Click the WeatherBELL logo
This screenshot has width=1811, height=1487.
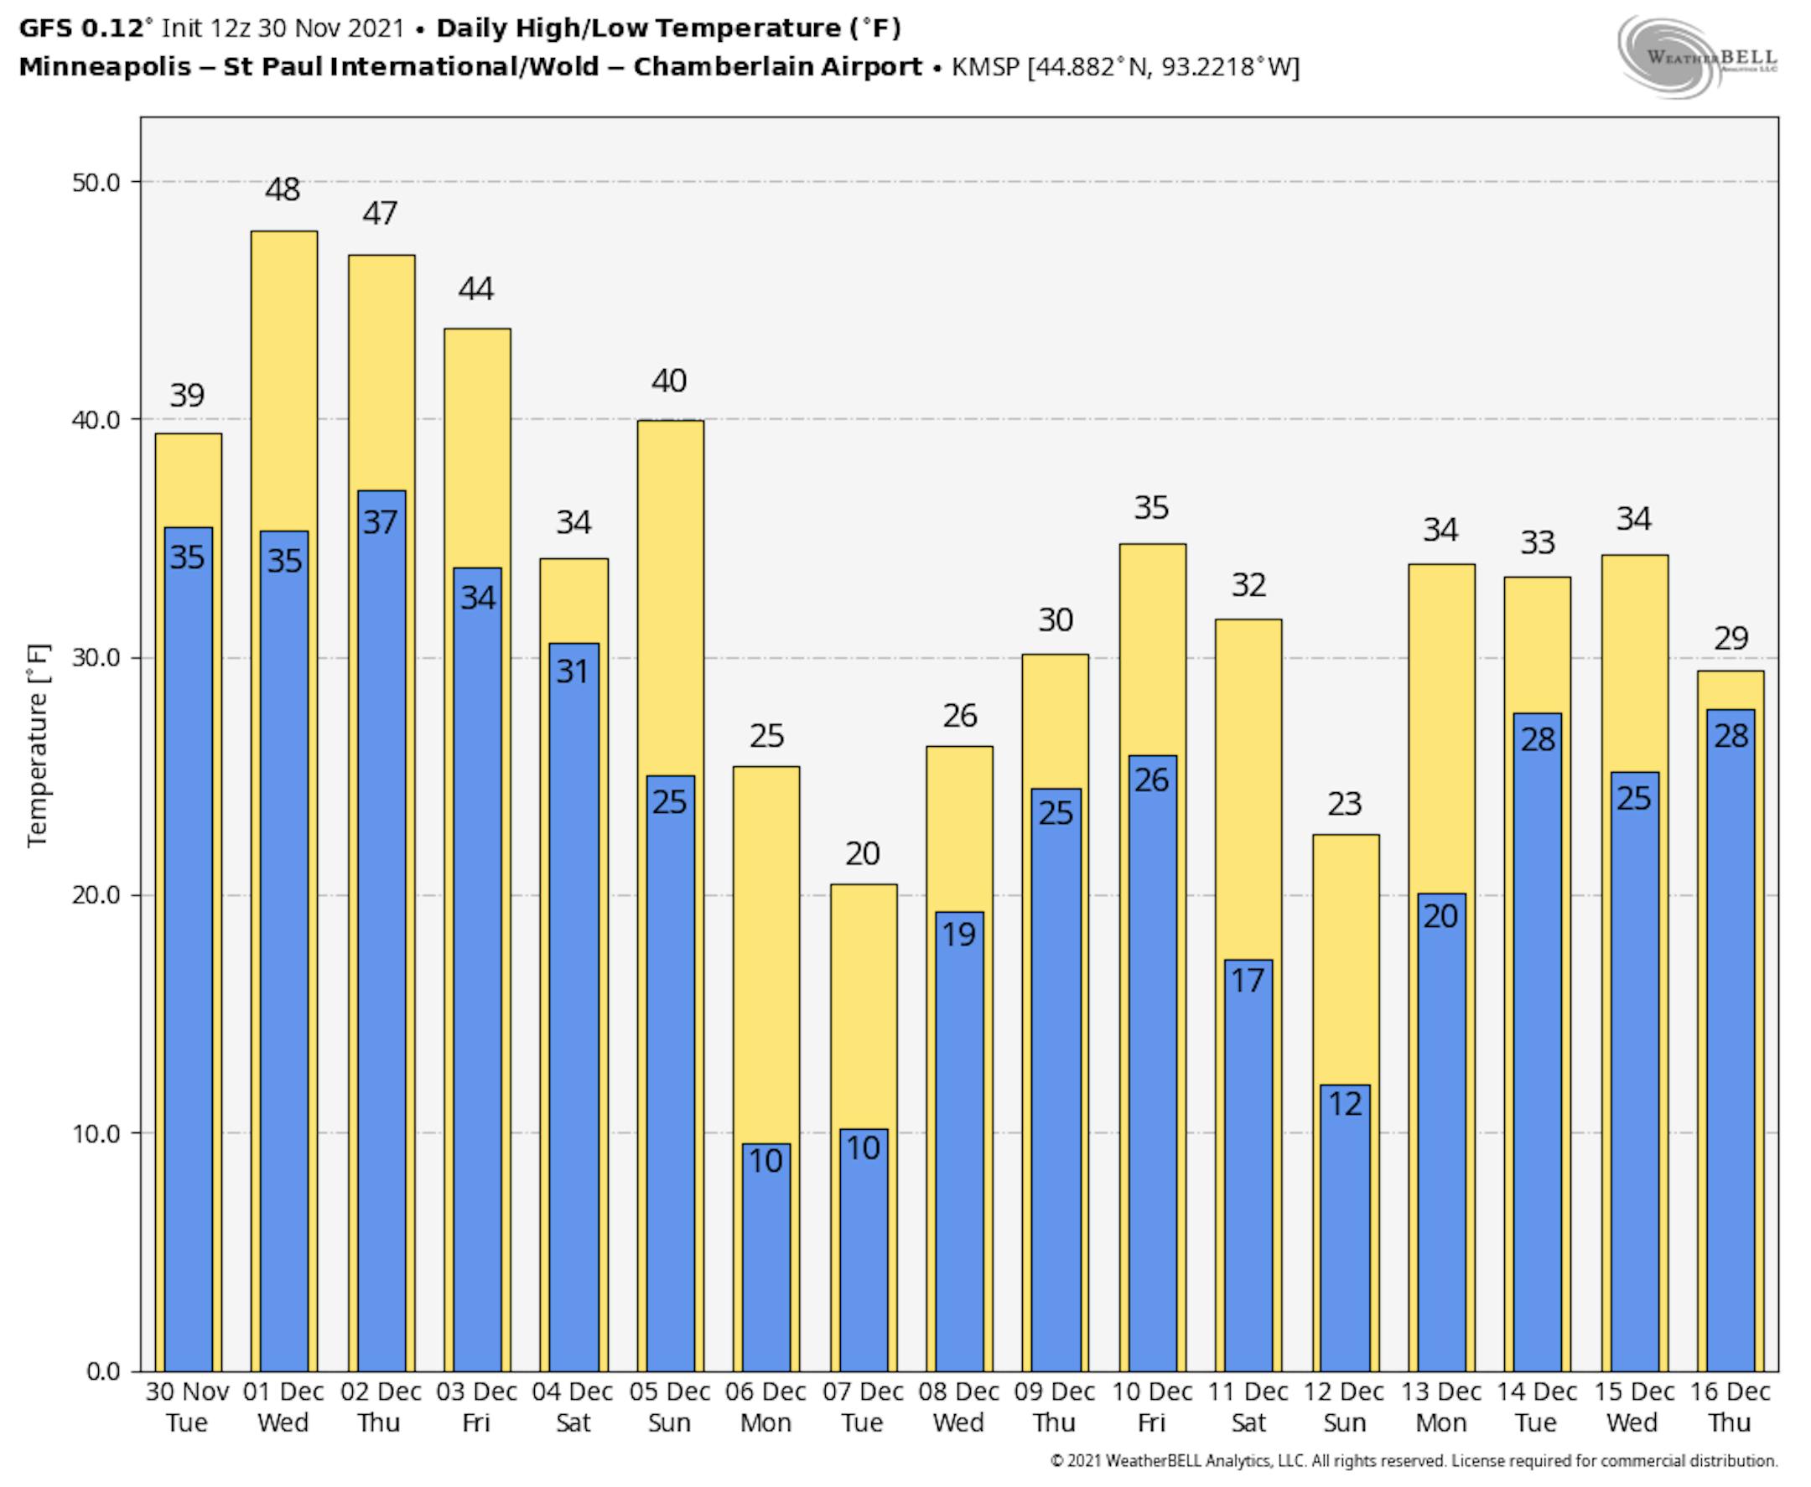(x=1696, y=57)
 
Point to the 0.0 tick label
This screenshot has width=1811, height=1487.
(x=103, y=1371)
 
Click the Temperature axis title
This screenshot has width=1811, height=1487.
(x=38, y=745)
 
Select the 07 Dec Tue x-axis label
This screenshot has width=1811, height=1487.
(x=863, y=1407)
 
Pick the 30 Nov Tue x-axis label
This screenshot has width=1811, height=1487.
(x=187, y=1407)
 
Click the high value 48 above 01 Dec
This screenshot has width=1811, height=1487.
(x=283, y=189)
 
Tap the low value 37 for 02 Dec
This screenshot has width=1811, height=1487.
(x=380, y=522)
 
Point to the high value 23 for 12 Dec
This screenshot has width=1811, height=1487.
(x=1344, y=804)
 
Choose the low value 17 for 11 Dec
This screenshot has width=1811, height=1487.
(x=1248, y=981)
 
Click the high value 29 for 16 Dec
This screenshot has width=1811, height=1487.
(x=1731, y=638)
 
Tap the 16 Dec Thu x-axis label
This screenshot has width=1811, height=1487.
(x=1730, y=1407)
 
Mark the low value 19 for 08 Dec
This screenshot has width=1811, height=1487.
(x=958, y=935)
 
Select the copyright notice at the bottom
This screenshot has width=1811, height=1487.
(x=1414, y=1461)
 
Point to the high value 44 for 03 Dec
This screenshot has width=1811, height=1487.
(x=476, y=288)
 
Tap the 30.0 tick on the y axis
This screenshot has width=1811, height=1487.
(x=95, y=658)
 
